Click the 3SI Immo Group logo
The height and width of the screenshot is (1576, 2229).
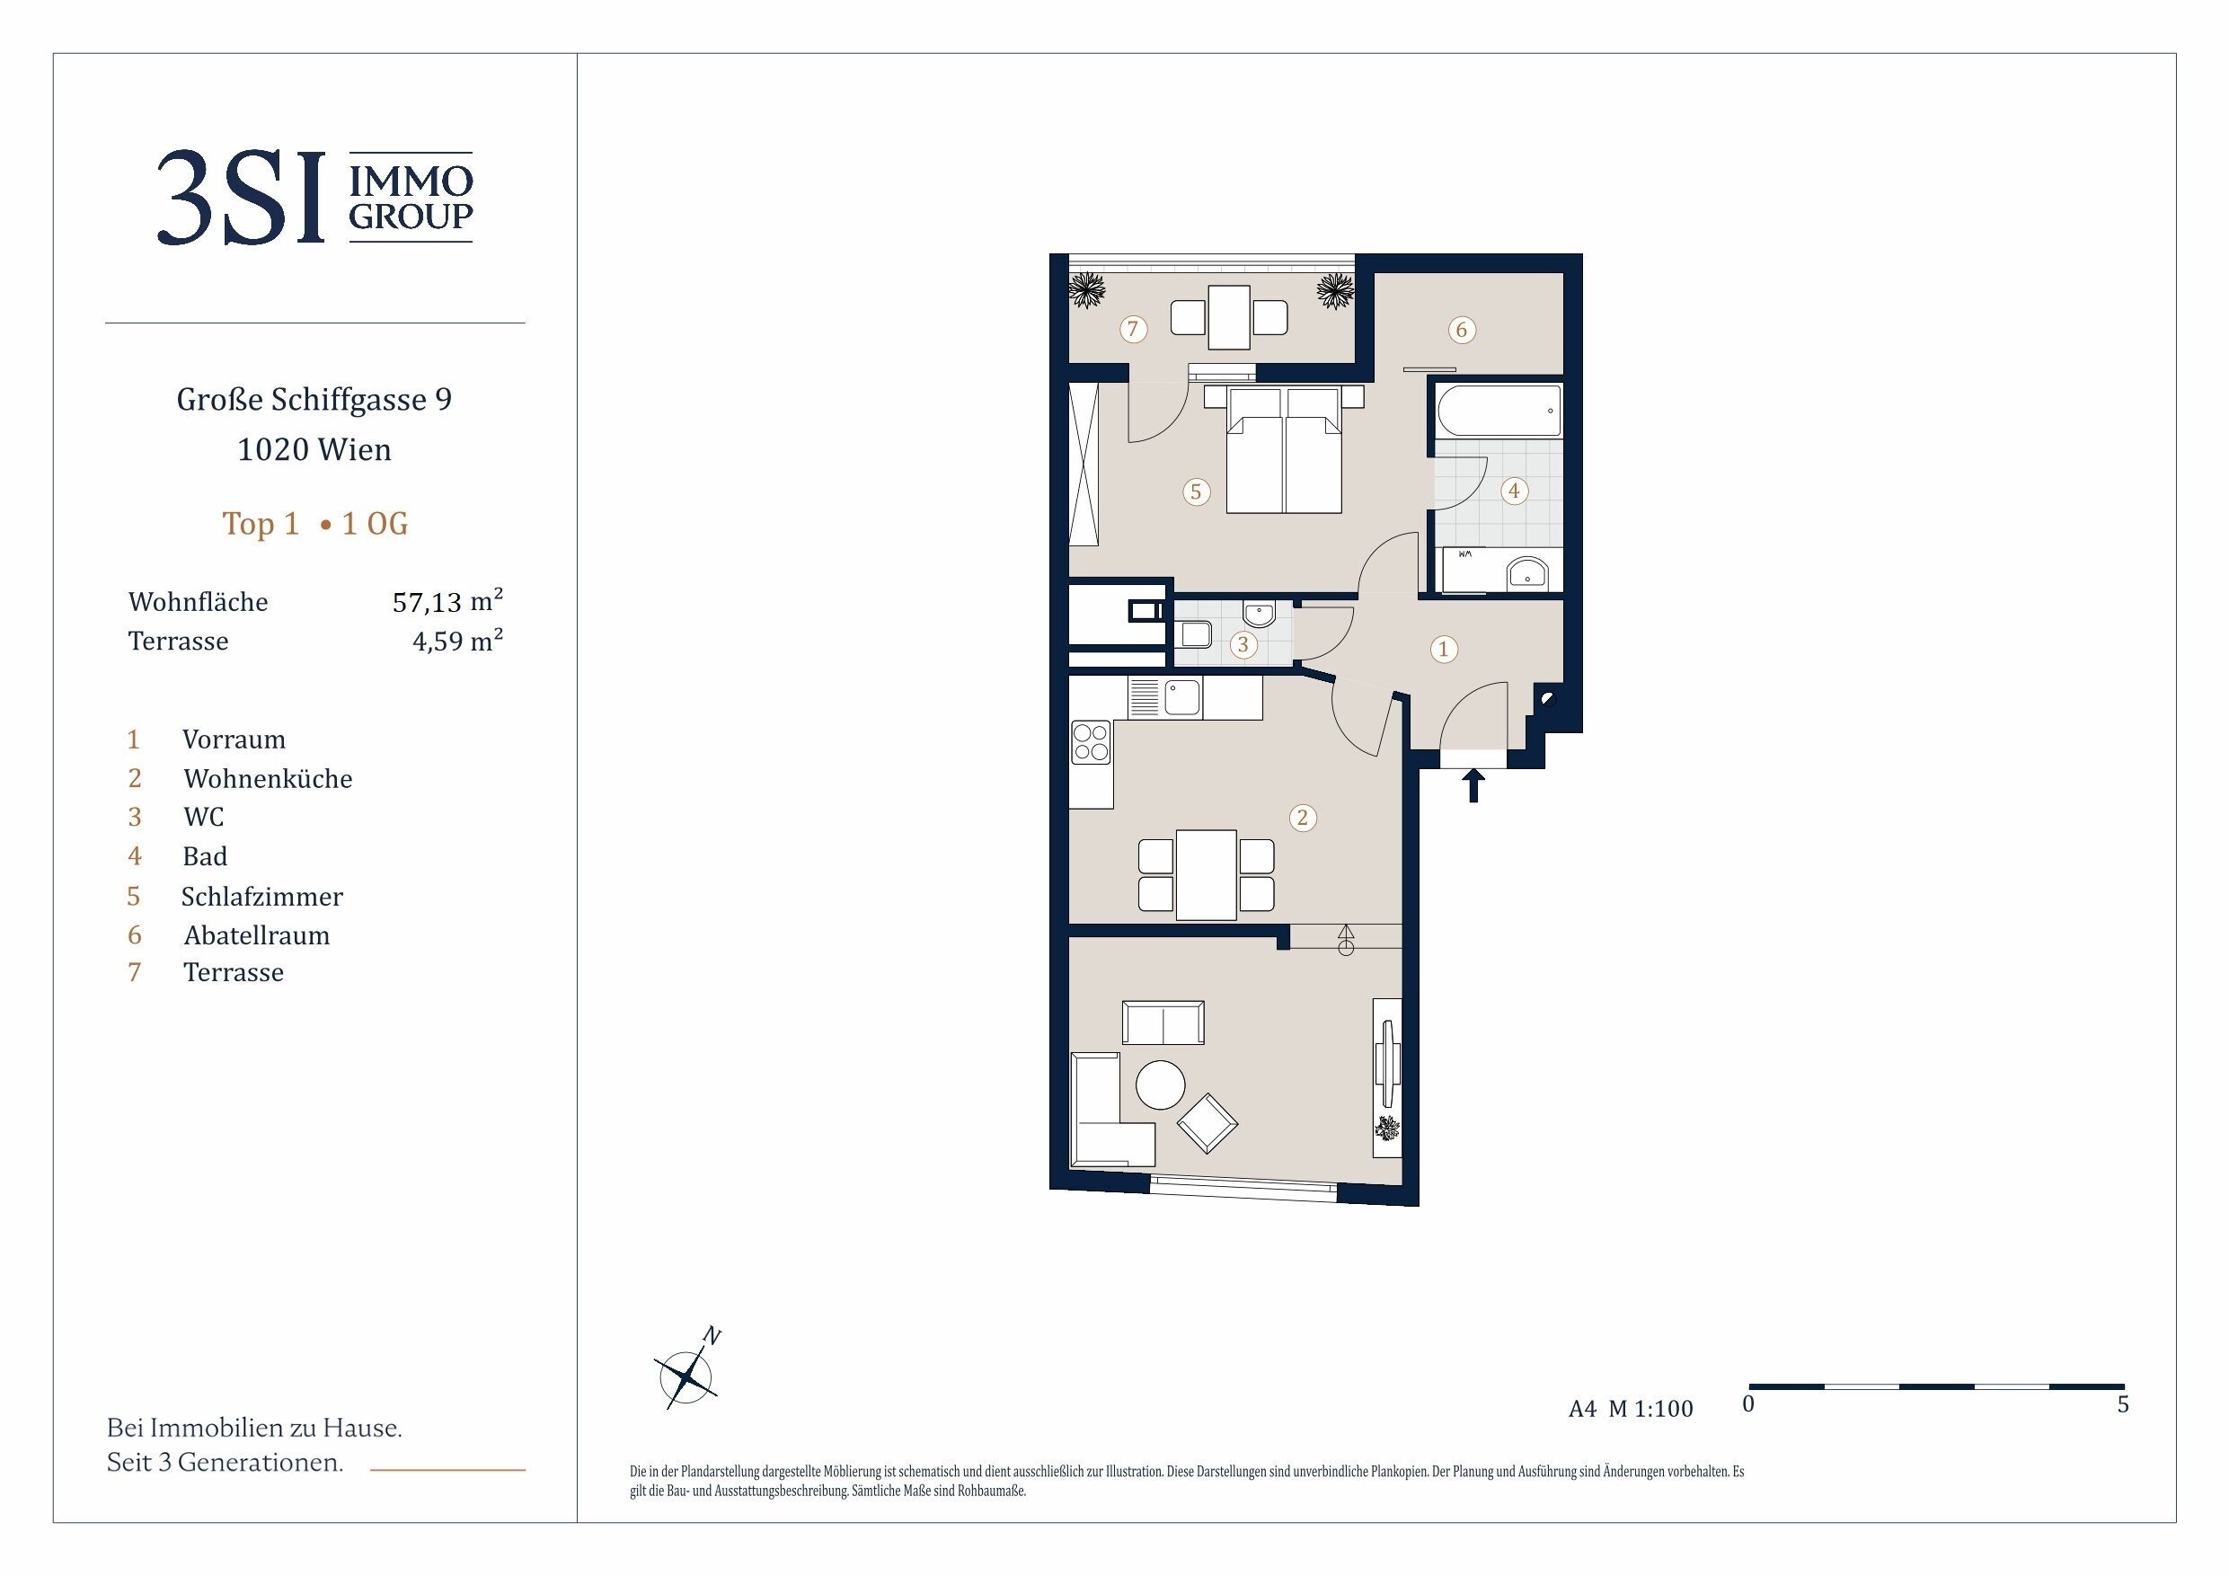pyautogui.click(x=314, y=197)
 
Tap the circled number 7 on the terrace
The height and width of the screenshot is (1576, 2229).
pyautogui.click(x=1132, y=329)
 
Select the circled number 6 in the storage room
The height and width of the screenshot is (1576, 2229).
pyautogui.click(x=1461, y=330)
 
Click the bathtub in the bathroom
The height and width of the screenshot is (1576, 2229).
pyautogui.click(x=1499, y=412)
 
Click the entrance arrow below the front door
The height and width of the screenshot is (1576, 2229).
pyautogui.click(x=1473, y=784)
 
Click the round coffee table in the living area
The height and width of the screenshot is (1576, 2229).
pyautogui.click(x=1160, y=1084)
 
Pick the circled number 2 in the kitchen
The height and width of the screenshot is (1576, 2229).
pyautogui.click(x=1303, y=818)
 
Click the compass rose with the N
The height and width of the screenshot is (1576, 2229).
pyautogui.click(x=688, y=1371)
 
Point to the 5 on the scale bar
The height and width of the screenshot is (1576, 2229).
pyautogui.click(x=2122, y=1404)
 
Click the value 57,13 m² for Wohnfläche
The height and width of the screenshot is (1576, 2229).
pyautogui.click(x=447, y=601)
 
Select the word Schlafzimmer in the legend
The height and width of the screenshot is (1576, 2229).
pyautogui.click(x=262, y=896)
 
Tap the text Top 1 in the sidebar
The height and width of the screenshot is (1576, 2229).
pyautogui.click(x=261, y=525)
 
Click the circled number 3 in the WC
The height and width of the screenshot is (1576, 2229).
pyautogui.click(x=1243, y=644)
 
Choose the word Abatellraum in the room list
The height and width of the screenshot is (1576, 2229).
pyautogui.click(x=256, y=935)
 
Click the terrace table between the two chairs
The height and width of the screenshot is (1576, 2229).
pyautogui.click(x=1228, y=316)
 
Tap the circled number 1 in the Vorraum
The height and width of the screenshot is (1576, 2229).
pyautogui.click(x=1444, y=649)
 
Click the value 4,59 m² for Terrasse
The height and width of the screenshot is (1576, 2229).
pyautogui.click(x=457, y=641)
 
